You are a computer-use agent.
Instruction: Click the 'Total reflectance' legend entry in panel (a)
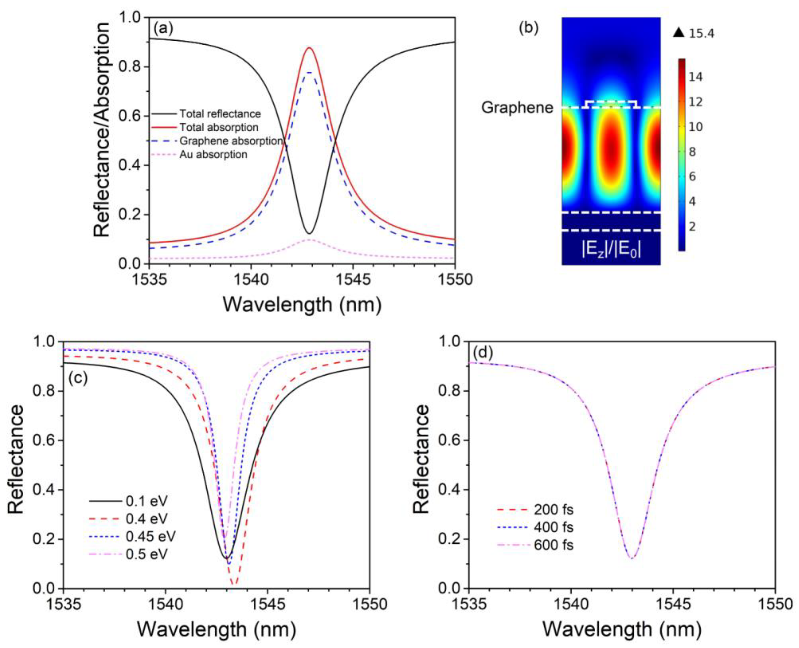pyautogui.click(x=220, y=114)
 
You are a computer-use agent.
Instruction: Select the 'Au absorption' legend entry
pyautogui.click(x=213, y=155)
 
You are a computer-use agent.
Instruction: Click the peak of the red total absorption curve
pyautogui.click(x=309, y=48)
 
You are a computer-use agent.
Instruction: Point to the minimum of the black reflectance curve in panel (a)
pyautogui.click(x=309, y=234)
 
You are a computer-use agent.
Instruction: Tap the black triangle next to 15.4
pyautogui.click(x=679, y=33)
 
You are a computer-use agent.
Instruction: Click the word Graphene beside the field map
pyautogui.click(x=517, y=108)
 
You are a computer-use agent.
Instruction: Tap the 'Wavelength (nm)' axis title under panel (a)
pyautogui.click(x=302, y=305)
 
